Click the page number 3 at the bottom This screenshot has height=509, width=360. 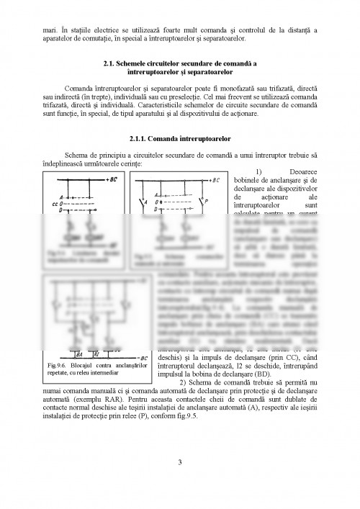tap(180, 461)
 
